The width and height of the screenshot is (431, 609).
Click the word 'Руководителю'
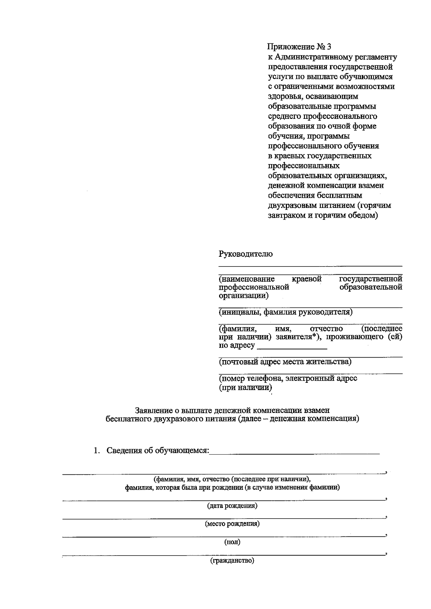point(246,254)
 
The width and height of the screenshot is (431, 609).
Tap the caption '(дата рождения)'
point(232,506)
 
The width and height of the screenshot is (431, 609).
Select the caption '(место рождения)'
point(232,524)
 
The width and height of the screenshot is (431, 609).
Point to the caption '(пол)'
point(232,542)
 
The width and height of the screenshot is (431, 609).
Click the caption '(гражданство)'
point(232,561)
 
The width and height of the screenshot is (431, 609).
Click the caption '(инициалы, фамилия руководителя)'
point(286,312)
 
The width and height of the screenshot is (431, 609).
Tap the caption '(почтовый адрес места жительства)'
point(285,362)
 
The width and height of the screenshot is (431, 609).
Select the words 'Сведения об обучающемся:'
point(158,451)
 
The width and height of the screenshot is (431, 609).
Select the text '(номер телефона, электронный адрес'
point(288,378)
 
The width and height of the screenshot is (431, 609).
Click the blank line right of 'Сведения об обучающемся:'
point(295,453)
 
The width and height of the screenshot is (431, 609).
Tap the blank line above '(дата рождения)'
point(223,499)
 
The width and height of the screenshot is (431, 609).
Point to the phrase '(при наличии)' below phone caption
point(245,388)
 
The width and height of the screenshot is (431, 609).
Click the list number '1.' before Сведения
point(97,451)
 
